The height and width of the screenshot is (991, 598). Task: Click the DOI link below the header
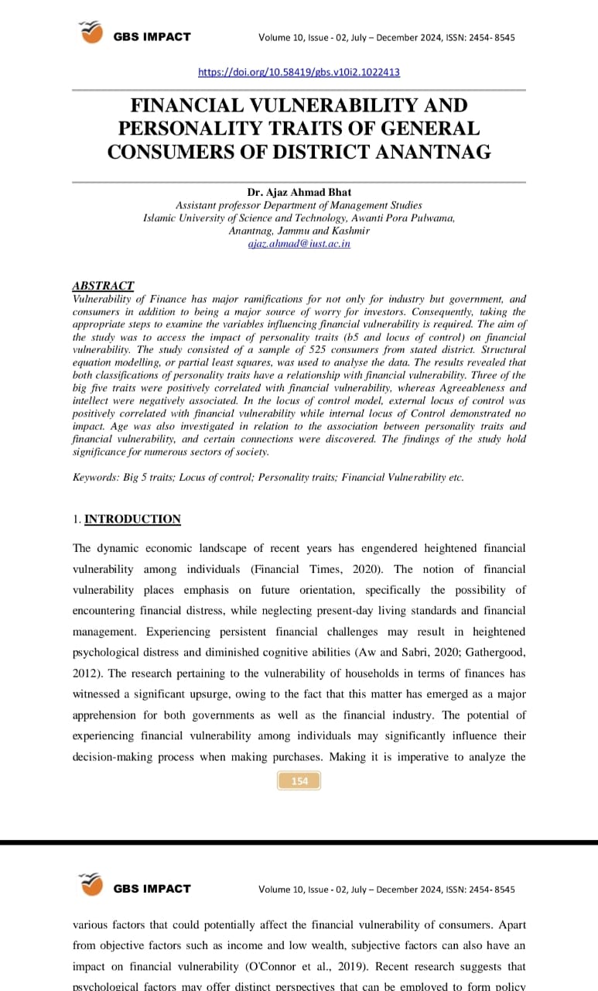299,72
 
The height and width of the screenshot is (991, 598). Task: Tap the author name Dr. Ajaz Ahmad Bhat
299,193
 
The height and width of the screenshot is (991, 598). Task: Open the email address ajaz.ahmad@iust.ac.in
299,243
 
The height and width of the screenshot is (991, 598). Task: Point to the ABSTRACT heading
103,286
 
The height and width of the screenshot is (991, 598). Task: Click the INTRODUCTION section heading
132,519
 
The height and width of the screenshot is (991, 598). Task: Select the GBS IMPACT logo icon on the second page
91,884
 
